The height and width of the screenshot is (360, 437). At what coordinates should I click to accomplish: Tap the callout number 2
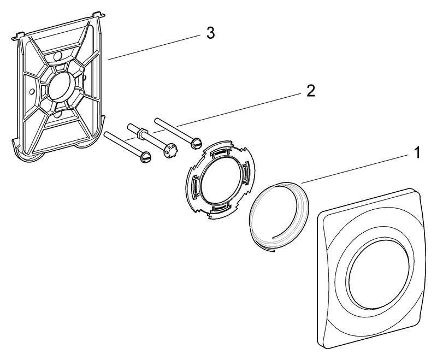310,90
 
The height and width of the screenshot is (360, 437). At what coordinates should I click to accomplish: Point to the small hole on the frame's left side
32,90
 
